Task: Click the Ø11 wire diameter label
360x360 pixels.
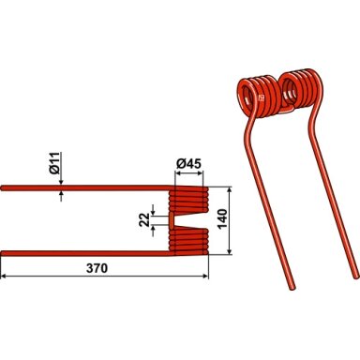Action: tap(54, 162)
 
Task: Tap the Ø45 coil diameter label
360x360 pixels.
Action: tap(188, 164)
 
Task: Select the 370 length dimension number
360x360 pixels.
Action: tap(97, 268)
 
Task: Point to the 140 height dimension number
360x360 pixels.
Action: tap(222, 219)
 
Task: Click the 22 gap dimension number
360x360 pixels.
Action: tap(145, 220)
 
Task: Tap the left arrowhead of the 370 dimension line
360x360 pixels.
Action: tap(4, 277)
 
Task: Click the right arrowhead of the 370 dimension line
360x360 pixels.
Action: tap(205, 277)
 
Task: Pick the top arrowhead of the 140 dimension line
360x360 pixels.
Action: tap(230, 190)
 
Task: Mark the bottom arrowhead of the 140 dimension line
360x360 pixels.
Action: tap(230, 251)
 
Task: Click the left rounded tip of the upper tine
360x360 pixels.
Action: tap(2, 187)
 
